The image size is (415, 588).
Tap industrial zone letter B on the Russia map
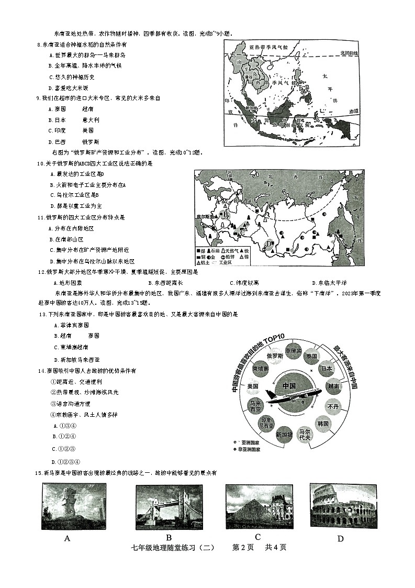click(x=226, y=214)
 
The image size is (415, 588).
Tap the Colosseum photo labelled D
click(x=343, y=502)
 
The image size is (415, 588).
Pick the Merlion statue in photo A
click(x=65, y=500)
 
